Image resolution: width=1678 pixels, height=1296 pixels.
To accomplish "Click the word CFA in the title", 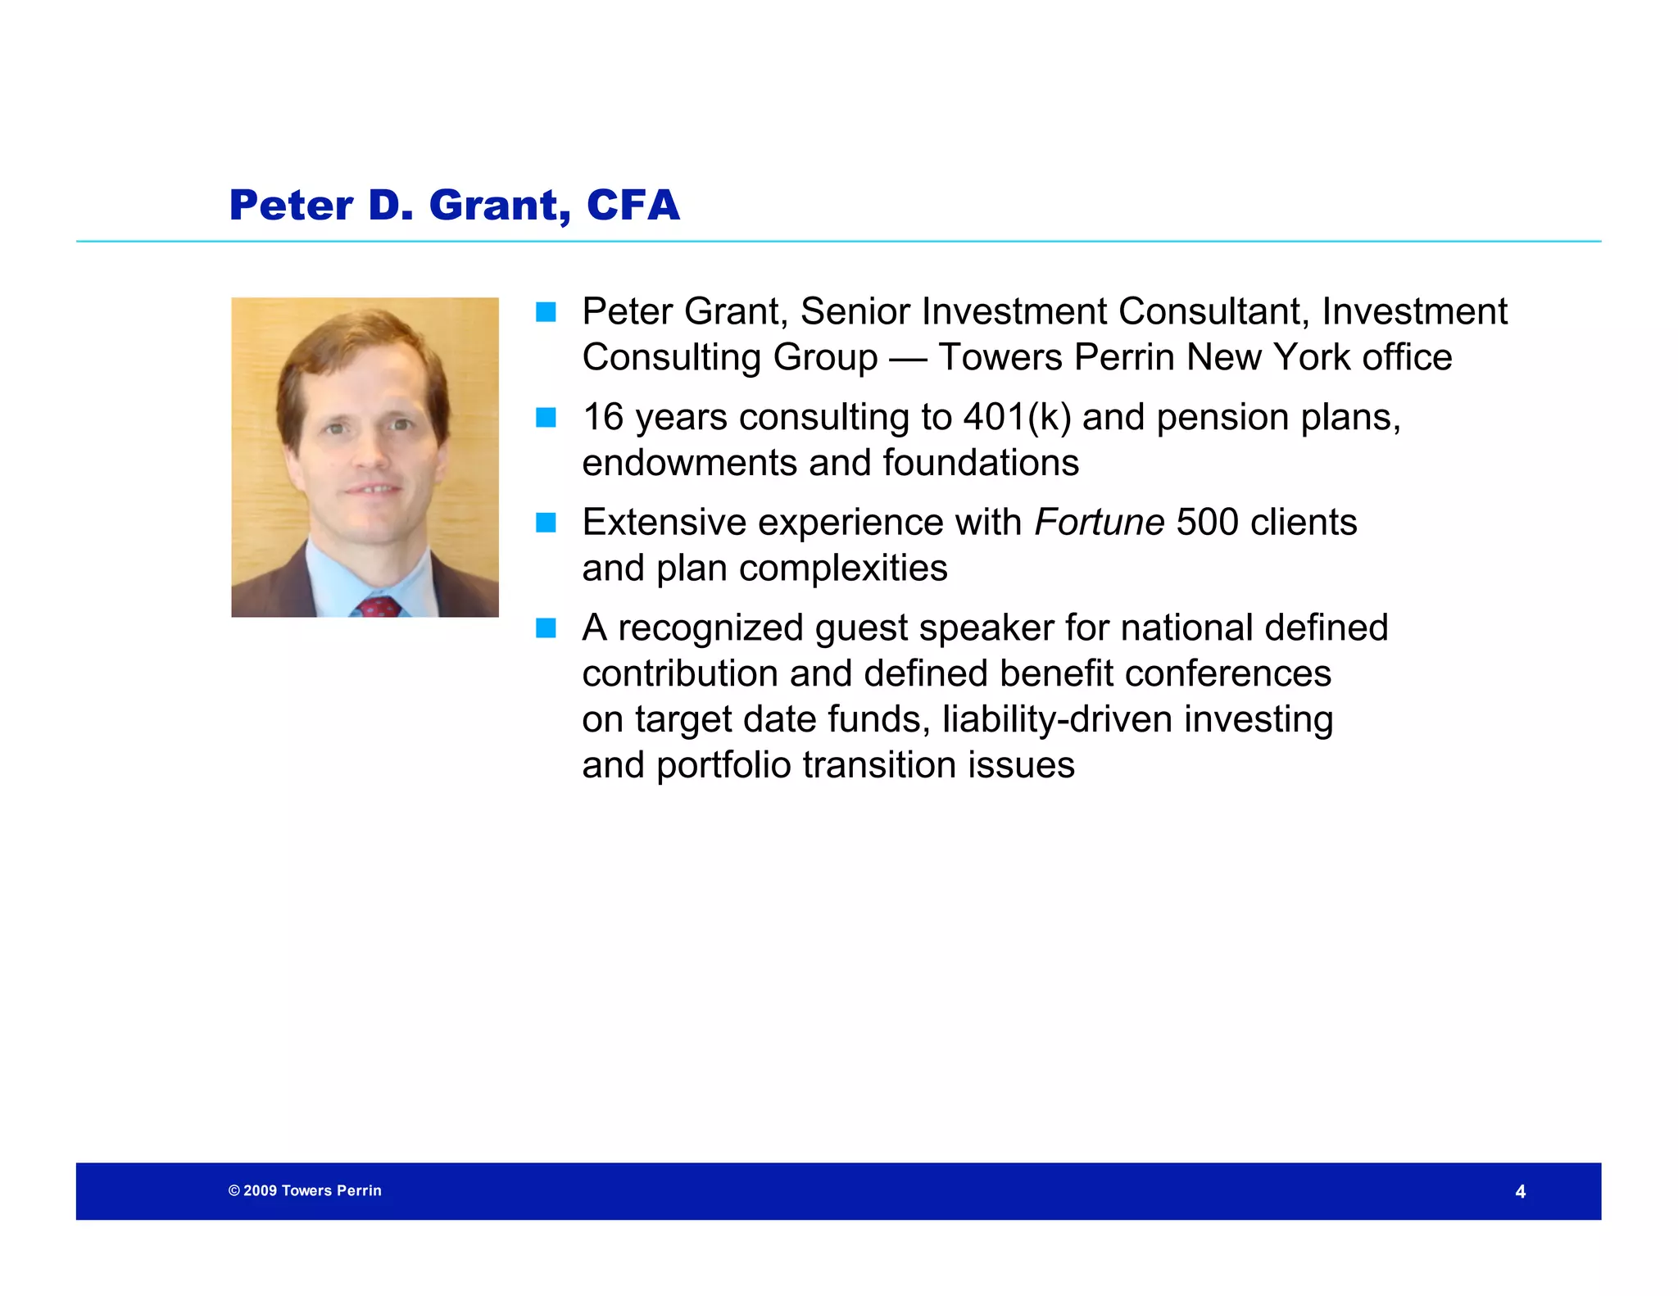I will click(633, 205).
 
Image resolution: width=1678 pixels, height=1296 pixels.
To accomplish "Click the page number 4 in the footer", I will click(1520, 1192).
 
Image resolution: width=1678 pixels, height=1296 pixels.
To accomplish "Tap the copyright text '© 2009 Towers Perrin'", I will click(305, 1190).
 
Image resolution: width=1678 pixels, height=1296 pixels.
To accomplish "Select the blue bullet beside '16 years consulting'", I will click(546, 418).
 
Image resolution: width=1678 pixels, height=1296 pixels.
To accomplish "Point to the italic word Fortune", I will click(1099, 522).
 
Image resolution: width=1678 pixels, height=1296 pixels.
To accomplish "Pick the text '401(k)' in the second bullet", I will click(1017, 417).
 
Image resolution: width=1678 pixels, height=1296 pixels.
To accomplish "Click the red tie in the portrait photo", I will click(378, 607).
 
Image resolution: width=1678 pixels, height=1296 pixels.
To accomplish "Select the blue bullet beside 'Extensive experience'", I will click(546, 523).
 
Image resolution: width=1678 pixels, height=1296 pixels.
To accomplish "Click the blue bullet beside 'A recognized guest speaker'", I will click(546, 628).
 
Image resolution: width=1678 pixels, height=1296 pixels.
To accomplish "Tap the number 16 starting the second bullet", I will click(603, 417).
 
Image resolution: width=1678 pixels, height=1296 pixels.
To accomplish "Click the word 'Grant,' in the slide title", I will click(499, 205).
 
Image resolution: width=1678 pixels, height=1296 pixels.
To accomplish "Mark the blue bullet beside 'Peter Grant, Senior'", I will click(546, 312).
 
